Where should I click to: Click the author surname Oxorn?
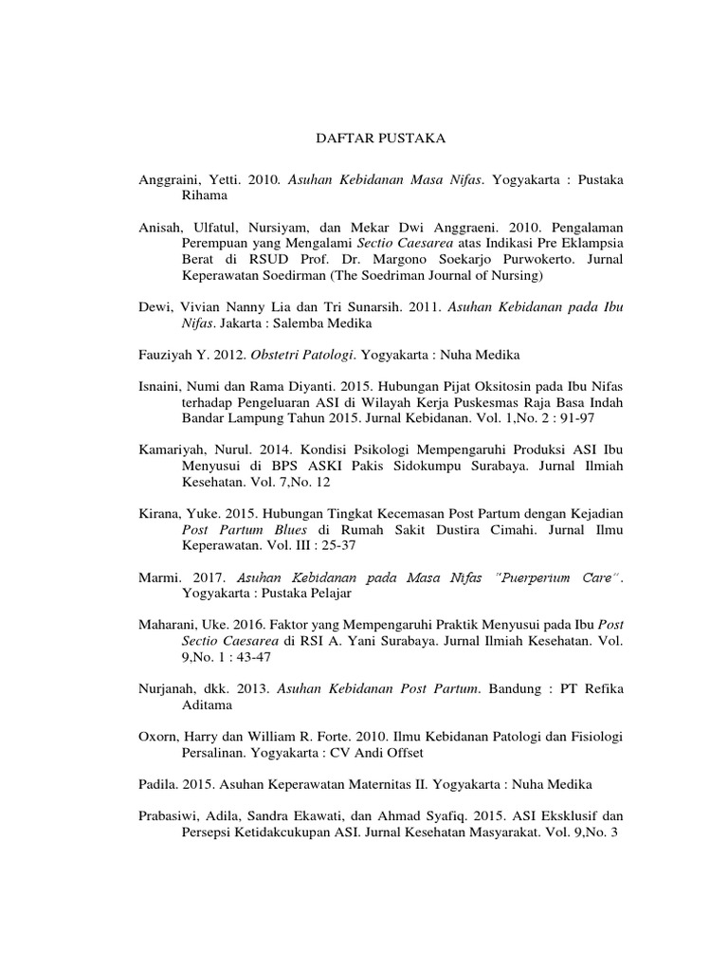pyautogui.click(x=157, y=738)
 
